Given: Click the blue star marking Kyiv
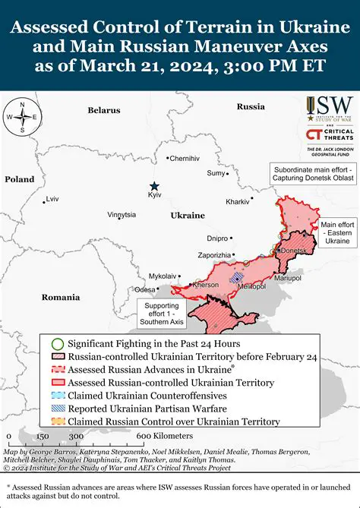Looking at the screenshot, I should [155, 186].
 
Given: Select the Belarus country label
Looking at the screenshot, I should [103, 110].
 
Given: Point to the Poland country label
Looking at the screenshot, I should [20, 179].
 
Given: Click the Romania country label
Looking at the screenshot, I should [61, 297].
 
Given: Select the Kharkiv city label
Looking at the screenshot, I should [237, 202].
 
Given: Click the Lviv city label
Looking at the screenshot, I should [52, 199].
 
